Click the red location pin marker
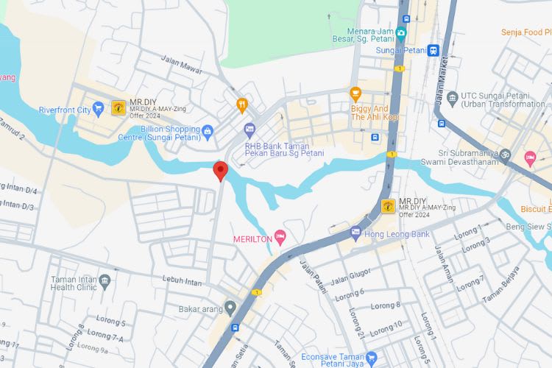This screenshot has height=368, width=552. (x=219, y=171)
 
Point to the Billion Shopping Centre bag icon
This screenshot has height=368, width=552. (x=208, y=132)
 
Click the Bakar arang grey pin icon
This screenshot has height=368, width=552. (x=230, y=307)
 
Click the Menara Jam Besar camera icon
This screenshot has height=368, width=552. (x=400, y=32)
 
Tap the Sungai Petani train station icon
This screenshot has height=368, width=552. (x=434, y=50)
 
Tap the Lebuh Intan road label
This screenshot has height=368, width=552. (x=182, y=281)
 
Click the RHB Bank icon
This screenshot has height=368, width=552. (x=250, y=129)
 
